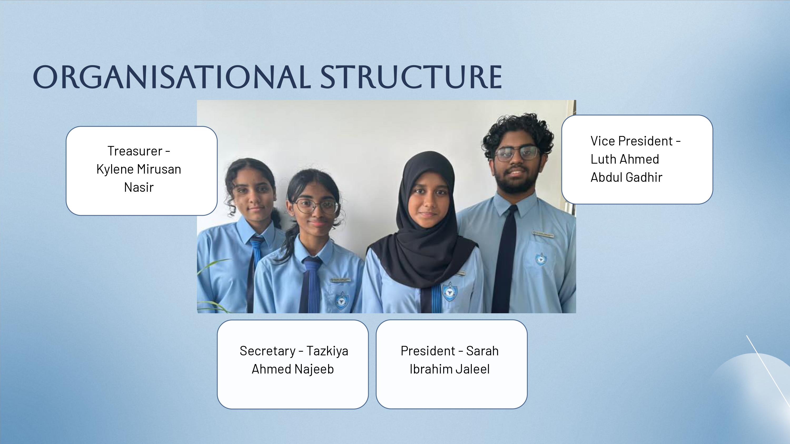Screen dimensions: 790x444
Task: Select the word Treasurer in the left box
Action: coord(135,151)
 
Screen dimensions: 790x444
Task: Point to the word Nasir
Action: coord(139,187)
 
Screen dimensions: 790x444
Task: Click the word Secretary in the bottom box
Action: coord(268,351)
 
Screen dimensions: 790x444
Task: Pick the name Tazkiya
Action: coord(327,351)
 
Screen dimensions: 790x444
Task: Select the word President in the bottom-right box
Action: coord(428,351)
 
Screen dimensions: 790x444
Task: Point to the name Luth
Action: coord(602,159)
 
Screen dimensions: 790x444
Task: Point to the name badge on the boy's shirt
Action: coord(543,234)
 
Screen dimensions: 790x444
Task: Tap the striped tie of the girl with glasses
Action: coord(310,285)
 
